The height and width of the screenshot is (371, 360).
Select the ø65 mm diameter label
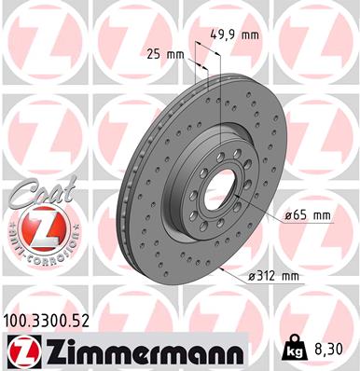click(305, 216)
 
